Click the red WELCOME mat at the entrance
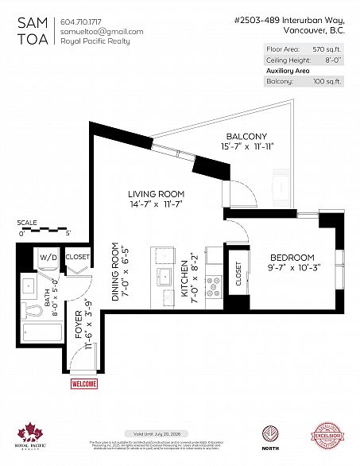[x=83, y=384]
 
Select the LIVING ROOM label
[x=157, y=194]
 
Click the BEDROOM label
[x=292, y=257]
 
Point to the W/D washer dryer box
[x=47, y=258]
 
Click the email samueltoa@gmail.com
[x=102, y=31]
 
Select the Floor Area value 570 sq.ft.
[x=327, y=49]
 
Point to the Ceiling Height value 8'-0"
[x=331, y=60]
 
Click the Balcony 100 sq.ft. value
[x=327, y=81]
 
